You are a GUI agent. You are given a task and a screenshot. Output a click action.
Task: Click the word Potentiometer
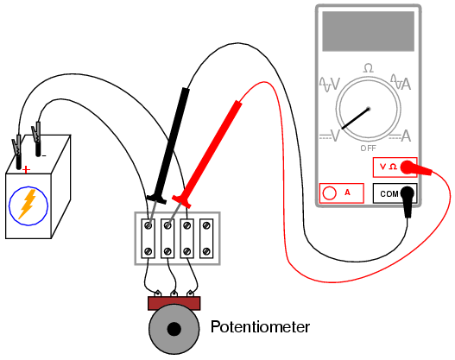tap(260, 327)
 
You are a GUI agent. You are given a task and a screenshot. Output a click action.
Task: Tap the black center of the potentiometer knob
tap(174, 329)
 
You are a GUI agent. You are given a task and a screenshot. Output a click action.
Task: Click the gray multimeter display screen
tap(369, 31)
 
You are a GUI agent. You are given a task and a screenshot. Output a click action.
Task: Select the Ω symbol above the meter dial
tap(369, 68)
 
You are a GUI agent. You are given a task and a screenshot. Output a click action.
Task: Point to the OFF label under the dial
tap(369, 148)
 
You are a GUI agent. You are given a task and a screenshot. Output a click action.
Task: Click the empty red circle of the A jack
tap(329, 193)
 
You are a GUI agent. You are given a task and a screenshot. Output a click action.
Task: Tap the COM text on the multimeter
tap(389, 193)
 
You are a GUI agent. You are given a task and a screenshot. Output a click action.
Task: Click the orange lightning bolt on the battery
tap(28, 204)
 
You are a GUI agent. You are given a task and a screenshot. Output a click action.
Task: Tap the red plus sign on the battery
tap(26, 169)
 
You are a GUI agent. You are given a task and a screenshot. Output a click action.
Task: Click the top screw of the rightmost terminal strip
tap(206, 225)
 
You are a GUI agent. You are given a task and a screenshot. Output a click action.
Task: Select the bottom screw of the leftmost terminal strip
tap(148, 251)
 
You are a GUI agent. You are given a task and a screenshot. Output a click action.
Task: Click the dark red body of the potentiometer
tap(174, 303)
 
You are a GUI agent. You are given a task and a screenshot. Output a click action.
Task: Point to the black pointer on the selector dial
tap(356, 118)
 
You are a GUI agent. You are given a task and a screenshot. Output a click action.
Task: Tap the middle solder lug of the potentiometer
tap(174, 294)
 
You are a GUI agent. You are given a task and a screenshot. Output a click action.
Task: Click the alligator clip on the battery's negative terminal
tap(37, 132)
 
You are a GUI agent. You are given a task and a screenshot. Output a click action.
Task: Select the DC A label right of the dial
tap(401, 136)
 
